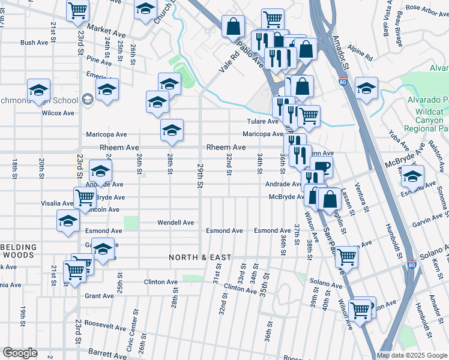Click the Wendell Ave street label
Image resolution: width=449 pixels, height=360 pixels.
[175, 223]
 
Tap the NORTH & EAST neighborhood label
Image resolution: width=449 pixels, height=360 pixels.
[199, 257]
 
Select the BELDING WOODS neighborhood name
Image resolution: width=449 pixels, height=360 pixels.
[18, 251]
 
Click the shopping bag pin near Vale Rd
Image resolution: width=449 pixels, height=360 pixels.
[233, 26]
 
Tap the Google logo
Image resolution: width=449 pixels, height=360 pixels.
[20, 353]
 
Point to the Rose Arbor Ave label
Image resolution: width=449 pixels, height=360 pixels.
[423, 8]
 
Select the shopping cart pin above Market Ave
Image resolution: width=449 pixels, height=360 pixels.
[78, 10]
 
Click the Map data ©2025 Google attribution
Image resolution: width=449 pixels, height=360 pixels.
[412, 355]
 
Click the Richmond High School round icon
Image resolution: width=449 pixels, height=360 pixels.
[87, 100]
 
